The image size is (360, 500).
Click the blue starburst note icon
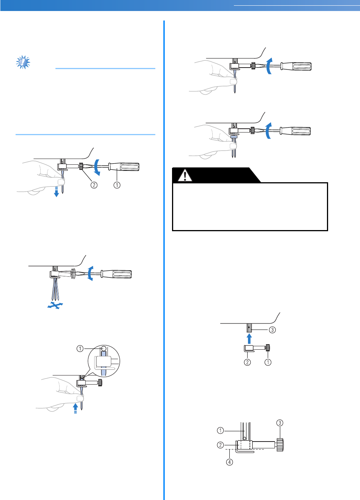point(23,62)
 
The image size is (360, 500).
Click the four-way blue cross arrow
point(55,305)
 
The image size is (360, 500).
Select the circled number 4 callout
point(230,462)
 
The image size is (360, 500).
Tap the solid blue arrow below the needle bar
point(249,338)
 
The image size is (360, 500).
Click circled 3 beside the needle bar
point(272,330)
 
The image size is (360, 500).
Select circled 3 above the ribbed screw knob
point(280,423)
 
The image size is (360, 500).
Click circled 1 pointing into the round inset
point(80,349)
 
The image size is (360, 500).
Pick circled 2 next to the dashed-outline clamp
point(220,445)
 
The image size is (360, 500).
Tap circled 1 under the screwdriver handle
point(117,185)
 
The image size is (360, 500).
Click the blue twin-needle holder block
point(234,137)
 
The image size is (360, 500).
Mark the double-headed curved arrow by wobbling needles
point(90,273)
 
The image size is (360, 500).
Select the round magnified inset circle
point(104,361)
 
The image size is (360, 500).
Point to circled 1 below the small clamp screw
point(268,362)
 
